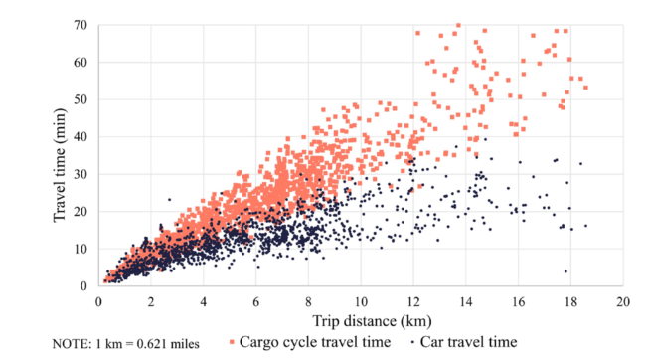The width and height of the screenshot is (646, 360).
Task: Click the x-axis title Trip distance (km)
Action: coord(360,321)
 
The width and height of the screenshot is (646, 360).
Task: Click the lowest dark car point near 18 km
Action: coord(566,271)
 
